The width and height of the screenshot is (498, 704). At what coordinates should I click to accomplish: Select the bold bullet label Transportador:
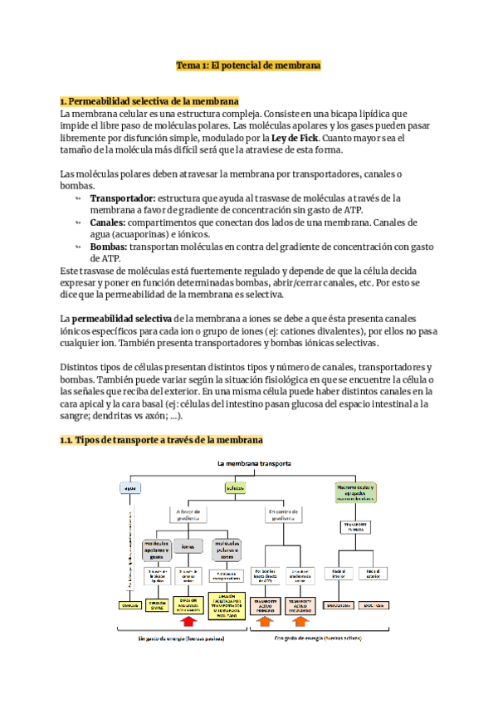click(123, 198)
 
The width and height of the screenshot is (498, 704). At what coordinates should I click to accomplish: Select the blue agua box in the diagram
click(129, 488)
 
